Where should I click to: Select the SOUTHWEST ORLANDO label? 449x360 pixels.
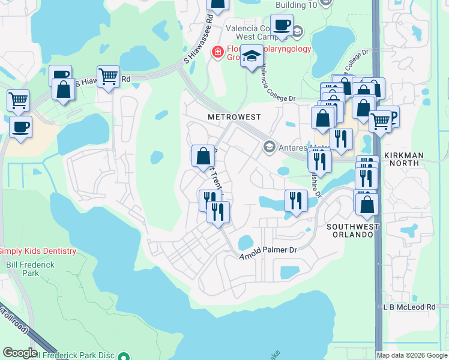(x=353, y=232)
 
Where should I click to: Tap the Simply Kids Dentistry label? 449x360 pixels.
(x=38, y=251)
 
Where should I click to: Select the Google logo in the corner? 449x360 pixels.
(x=19, y=352)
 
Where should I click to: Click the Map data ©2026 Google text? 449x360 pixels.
(x=412, y=355)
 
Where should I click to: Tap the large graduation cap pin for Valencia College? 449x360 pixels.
(x=252, y=57)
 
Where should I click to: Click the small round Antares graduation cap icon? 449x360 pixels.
(x=269, y=147)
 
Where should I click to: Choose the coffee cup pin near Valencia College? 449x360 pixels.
(x=281, y=26)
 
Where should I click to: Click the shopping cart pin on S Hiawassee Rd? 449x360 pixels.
(x=108, y=77)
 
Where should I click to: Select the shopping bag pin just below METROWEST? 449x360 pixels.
(x=203, y=155)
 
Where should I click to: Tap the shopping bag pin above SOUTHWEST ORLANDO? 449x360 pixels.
(x=366, y=203)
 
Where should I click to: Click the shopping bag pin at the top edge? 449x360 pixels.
(x=217, y=4)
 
